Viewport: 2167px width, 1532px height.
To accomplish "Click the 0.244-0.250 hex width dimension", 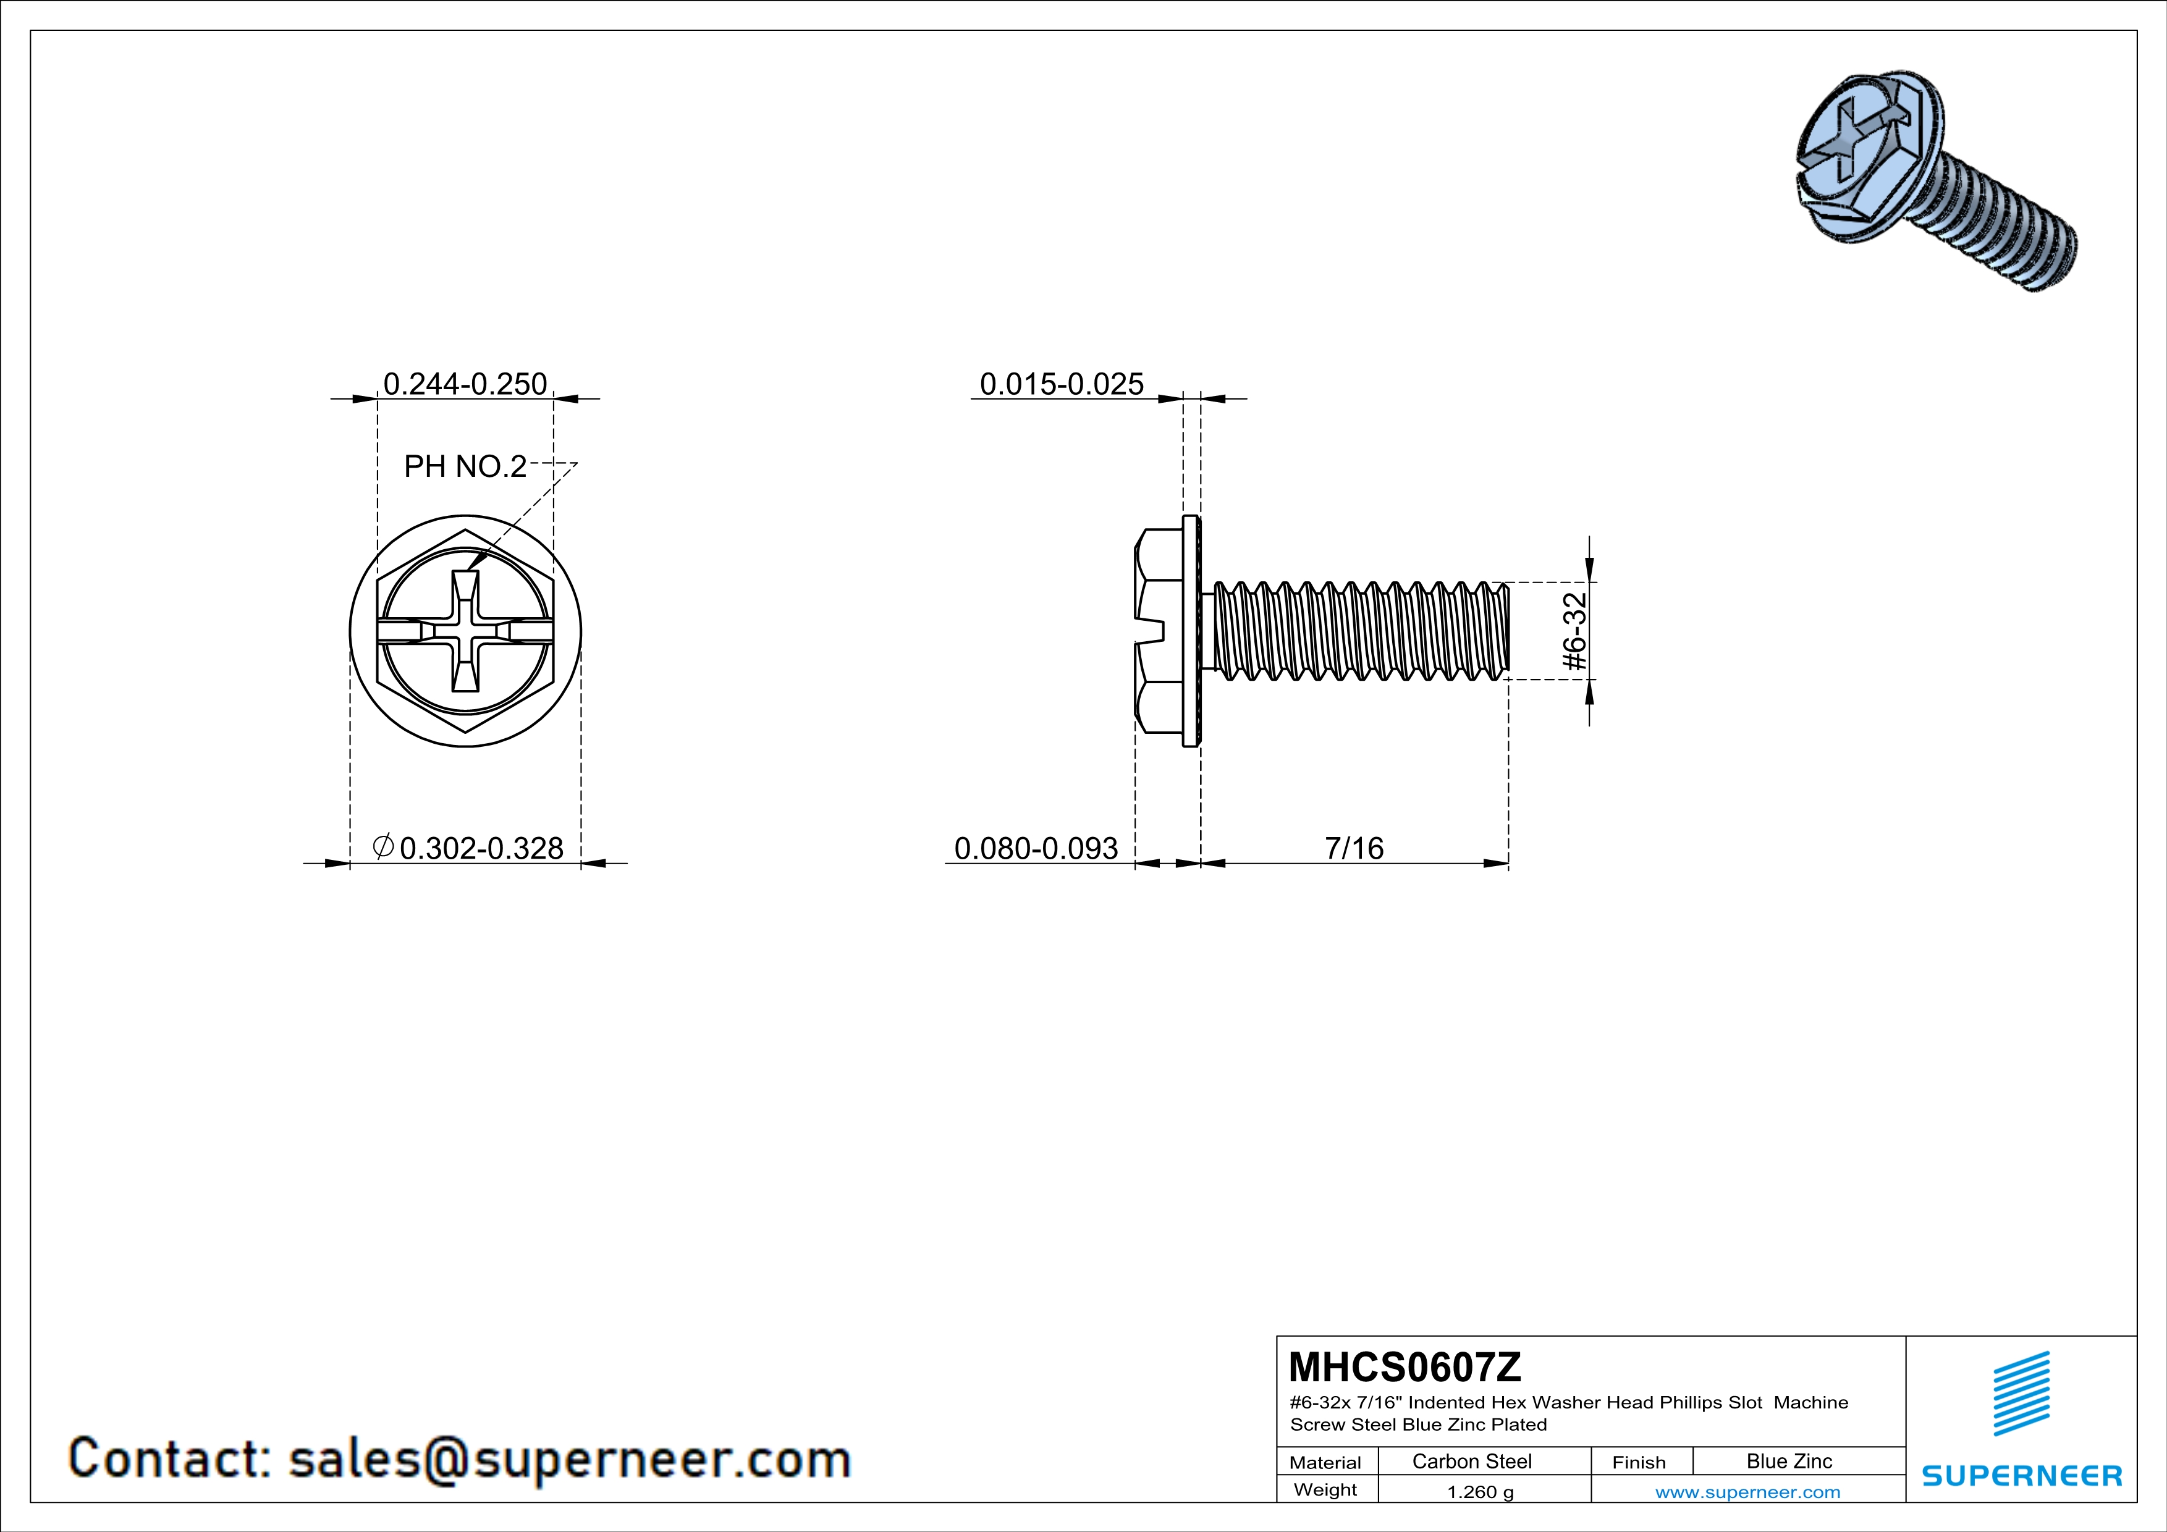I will click(465, 384).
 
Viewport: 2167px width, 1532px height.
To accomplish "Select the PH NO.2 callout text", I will click(465, 466).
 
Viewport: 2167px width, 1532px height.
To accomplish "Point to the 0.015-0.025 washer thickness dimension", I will click(1061, 384).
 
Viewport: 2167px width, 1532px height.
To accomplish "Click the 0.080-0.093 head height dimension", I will click(1036, 848).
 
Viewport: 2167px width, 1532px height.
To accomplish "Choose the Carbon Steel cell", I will click(1471, 1461).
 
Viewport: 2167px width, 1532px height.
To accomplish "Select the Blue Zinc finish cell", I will click(1788, 1461).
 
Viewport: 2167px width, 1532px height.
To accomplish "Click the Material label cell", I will click(1325, 1462).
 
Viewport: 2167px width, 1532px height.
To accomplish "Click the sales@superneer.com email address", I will click(569, 1458).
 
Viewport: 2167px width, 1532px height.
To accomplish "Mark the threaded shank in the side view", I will click(1359, 630).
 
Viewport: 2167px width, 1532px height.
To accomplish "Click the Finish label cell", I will click(1639, 1462).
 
